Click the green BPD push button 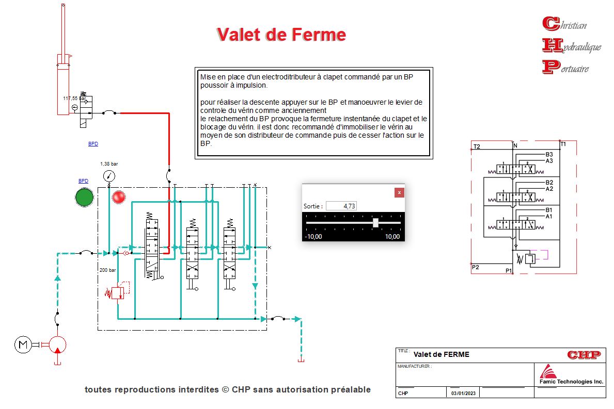[84, 198]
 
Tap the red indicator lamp [119, 197]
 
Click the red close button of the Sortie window [399, 192]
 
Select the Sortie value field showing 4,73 [341, 206]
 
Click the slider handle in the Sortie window [376, 222]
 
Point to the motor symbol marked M [22, 344]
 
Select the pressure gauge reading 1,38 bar [109, 175]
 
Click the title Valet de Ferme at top [281, 34]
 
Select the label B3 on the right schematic [549, 154]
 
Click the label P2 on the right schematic [476, 267]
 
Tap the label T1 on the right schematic [563, 144]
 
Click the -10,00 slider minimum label [314, 237]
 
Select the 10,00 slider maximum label [392, 237]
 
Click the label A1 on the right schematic [549, 216]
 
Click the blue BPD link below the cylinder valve [93, 144]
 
